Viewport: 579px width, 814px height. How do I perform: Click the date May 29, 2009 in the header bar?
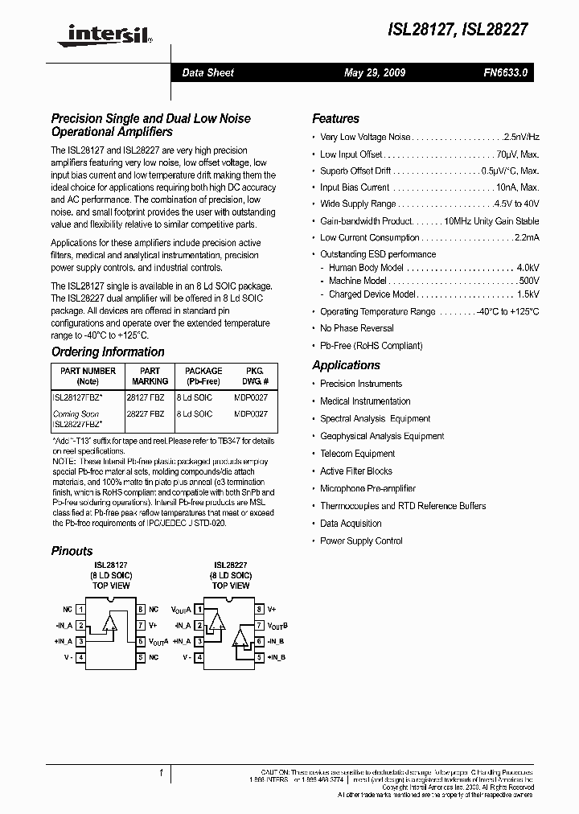(374, 72)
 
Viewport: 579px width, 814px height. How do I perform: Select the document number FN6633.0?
(506, 72)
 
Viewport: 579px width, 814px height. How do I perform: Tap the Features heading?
(335, 118)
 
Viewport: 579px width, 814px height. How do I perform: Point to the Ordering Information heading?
(108, 351)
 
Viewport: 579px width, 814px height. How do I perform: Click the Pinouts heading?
(72, 551)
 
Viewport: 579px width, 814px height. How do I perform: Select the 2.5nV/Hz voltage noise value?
(520, 138)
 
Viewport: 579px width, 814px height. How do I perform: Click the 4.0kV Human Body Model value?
(528, 267)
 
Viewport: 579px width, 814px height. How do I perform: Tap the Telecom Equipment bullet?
(357, 454)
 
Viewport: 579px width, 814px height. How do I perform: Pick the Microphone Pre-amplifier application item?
(368, 488)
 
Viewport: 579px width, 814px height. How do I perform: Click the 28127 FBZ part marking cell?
(146, 398)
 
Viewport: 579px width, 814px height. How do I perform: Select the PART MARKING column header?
(150, 376)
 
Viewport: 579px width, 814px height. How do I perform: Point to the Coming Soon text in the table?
(76, 414)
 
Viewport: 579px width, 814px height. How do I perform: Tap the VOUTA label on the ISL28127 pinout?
(158, 641)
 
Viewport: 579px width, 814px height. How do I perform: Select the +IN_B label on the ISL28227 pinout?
(277, 657)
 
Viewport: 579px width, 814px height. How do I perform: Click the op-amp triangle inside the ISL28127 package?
(110, 624)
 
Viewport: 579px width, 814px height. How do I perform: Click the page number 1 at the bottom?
(161, 772)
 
